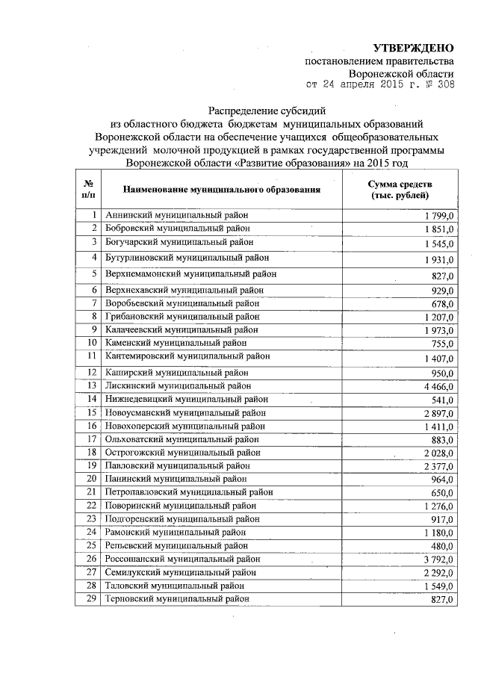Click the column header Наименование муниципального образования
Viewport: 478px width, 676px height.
pyautogui.click(x=222, y=190)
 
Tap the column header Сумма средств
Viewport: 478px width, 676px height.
pyautogui.click(x=400, y=184)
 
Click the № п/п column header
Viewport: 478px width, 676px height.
pyautogui.click(x=88, y=190)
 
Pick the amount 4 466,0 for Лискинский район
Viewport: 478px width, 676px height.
pyautogui.click(x=438, y=385)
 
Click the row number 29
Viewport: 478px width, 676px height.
pyautogui.click(x=92, y=599)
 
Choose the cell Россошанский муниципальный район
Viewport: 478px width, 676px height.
pyautogui.click(x=183, y=558)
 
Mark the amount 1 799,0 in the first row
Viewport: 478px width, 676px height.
pyautogui.click(x=438, y=216)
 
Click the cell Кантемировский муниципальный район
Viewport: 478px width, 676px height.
pyautogui.click(x=187, y=356)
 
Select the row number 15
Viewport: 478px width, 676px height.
pyautogui.click(x=92, y=412)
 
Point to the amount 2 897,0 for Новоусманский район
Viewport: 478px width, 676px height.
pyautogui.click(x=438, y=412)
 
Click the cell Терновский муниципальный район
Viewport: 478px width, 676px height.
pyautogui.click(x=177, y=599)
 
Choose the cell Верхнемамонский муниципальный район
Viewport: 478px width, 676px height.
pyautogui.click(x=191, y=274)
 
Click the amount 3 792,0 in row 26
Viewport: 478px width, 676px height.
pyautogui.click(x=438, y=559)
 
